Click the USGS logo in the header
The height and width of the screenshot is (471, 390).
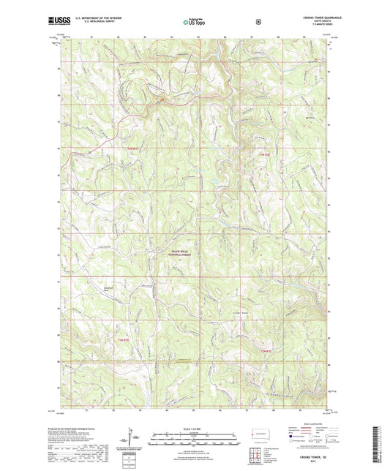[56, 21]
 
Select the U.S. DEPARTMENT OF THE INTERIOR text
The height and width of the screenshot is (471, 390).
[96, 19]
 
